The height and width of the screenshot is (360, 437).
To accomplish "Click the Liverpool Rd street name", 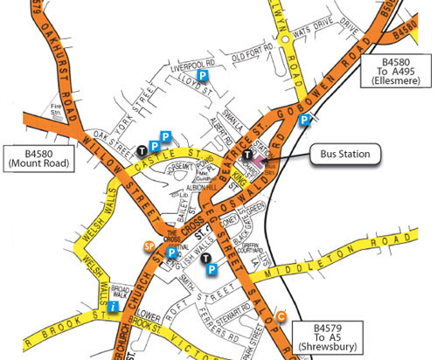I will pyautogui.click(x=193, y=66).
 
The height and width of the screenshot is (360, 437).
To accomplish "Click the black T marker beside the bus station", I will pyautogui.click(x=248, y=156).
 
